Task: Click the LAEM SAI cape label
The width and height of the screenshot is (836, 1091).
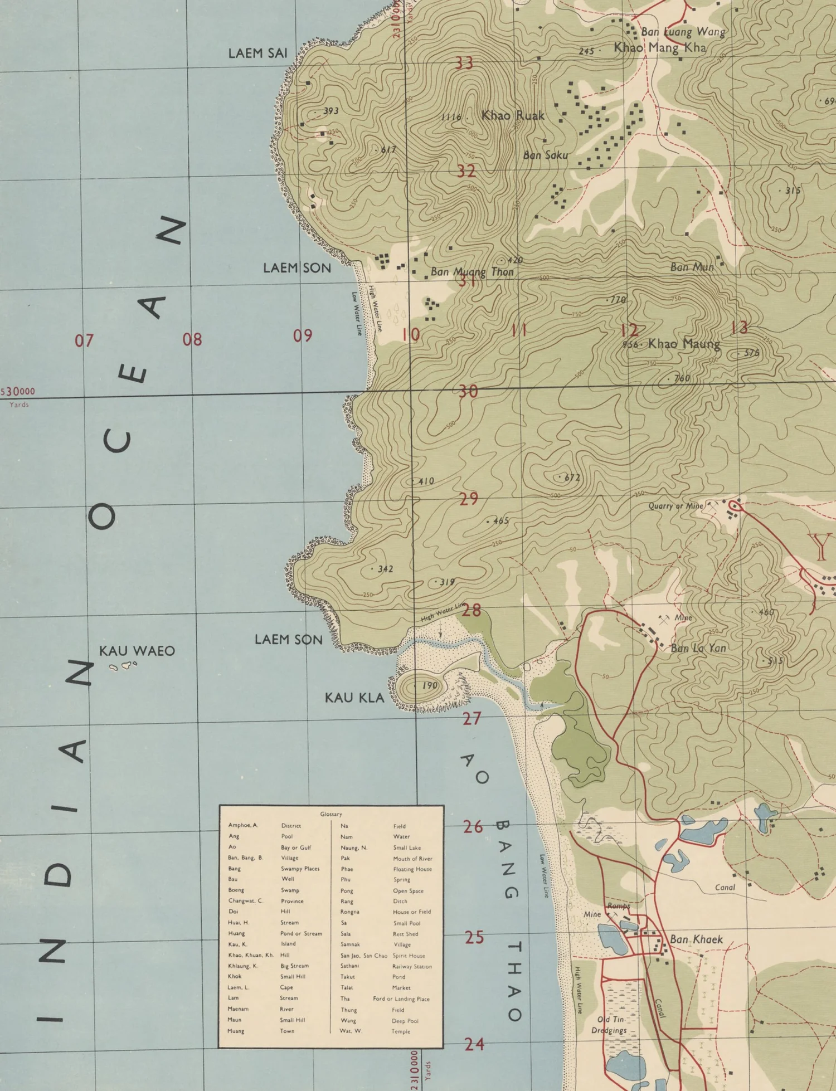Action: coord(257,53)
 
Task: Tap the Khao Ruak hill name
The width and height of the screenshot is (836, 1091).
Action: coord(513,116)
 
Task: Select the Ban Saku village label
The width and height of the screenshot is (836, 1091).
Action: coord(545,155)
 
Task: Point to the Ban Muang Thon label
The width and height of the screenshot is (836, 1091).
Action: coord(472,272)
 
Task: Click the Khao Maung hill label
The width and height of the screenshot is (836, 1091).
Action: coord(683,344)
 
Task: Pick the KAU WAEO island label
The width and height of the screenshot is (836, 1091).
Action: coord(137,651)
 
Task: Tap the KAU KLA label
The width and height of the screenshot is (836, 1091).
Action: coord(354,698)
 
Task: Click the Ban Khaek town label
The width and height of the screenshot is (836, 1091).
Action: coord(696,939)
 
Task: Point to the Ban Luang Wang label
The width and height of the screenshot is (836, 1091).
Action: coord(683,32)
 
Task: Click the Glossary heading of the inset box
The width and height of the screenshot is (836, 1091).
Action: coord(331,814)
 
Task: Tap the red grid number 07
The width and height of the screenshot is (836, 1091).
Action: coord(84,340)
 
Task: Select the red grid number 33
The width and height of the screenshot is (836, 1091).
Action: coord(464,63)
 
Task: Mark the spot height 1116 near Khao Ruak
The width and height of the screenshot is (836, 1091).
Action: coord(451,117)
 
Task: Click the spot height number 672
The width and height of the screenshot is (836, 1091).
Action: coord(572,478)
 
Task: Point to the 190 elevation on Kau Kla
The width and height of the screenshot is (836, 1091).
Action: coord(429,685)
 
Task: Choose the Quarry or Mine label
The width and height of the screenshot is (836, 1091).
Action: coord(675,506)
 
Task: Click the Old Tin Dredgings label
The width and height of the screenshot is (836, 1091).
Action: coord(610,1025)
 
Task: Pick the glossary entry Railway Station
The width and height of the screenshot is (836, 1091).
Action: coord(412,967)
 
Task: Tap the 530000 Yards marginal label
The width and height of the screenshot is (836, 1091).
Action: coord(18,391)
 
